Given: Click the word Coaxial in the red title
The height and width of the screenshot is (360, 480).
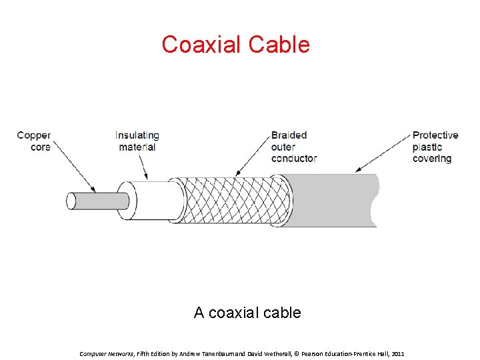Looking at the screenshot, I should click(x=202, y=45).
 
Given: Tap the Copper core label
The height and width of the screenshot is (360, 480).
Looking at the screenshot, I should click(x=34, y=141).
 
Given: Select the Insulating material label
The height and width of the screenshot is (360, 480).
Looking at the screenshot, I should click(x=137, y=141).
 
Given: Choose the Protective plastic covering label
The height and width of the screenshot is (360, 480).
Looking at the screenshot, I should click(x=435, y=147).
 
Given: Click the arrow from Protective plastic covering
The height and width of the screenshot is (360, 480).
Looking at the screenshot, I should click(x=383, y=153).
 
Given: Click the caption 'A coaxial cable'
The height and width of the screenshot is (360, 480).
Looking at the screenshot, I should click(x=247, y=312).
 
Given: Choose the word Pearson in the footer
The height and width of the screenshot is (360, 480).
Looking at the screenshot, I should click(x=313, y=353).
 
